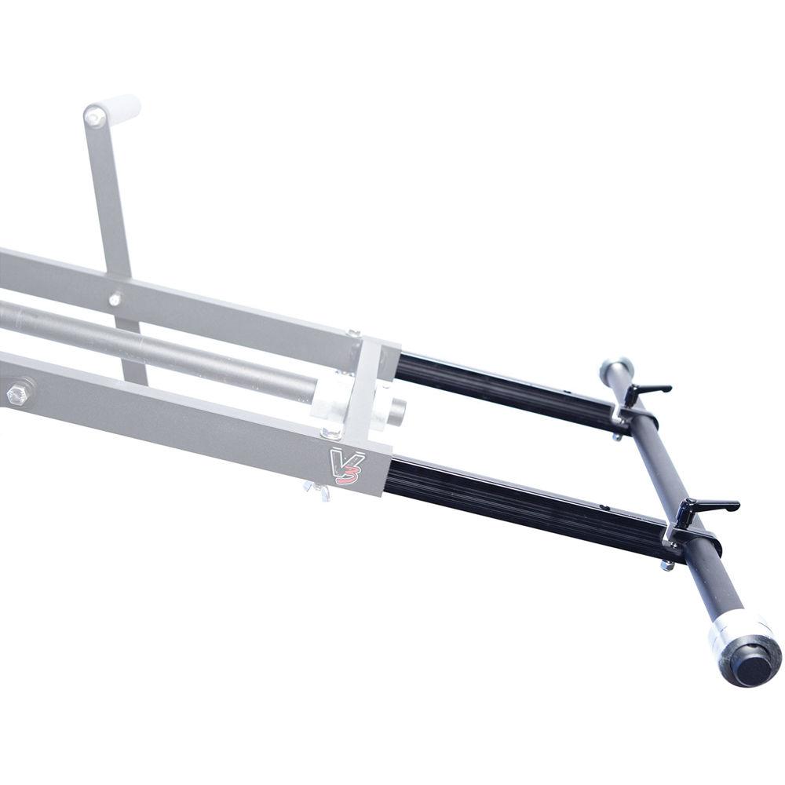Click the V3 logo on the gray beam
[344, 464]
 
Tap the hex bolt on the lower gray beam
[20, 392]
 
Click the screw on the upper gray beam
[115, 299]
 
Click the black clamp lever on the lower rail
[706, 507]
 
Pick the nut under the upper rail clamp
[617, 436]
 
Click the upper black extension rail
[502, 388]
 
